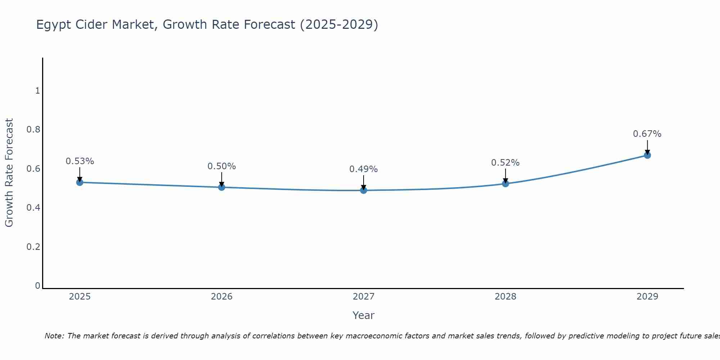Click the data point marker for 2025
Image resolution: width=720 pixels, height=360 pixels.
pos(80,183)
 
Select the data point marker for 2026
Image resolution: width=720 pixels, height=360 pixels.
pos(222,187)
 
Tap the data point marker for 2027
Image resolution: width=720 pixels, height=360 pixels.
pos(364,190)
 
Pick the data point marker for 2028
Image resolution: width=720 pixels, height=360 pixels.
pos(505,184)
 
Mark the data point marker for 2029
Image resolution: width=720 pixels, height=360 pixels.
pos(647,155)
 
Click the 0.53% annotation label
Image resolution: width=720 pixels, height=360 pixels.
pos(80,161)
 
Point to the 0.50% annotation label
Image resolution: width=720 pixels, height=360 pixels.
pos(222,166)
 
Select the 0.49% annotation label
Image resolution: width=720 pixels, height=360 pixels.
pos(364,169)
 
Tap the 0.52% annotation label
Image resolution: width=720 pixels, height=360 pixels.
pos(505,163)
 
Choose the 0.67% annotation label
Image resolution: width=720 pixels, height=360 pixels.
pos(647,134)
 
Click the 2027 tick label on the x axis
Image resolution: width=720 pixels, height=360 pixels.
pos(364,297)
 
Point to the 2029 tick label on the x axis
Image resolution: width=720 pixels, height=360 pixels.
pos(647,297)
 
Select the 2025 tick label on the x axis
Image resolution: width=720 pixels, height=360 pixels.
pos(80,297)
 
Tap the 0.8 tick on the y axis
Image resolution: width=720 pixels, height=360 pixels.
pos(33,130)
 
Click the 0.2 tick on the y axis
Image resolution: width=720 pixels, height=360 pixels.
pos(33,247)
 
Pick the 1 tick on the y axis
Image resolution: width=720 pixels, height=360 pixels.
pos(37,91)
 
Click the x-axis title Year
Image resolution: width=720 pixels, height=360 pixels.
pos(364,315)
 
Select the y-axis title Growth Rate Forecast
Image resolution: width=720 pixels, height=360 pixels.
pos(9,173)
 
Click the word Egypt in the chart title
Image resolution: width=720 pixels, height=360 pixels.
pos(53,25)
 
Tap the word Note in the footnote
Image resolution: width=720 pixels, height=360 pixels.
pos(54,336)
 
